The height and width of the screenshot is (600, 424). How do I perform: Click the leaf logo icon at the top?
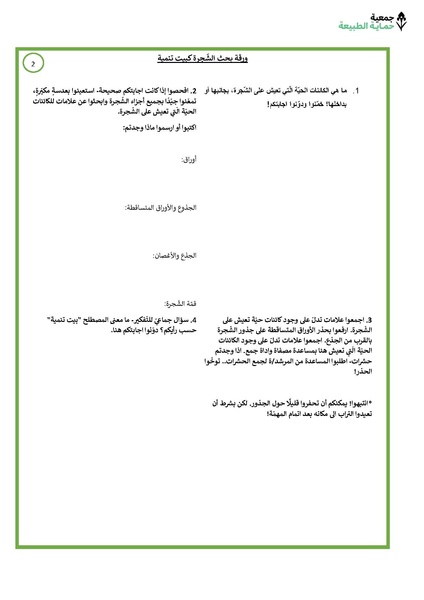pyautogui.click(x=402, y=22)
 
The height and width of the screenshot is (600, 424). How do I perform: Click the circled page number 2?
pyautogui.click(x=33, y=63)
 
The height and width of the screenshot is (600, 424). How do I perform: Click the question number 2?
pyautogui.click(x=193, y=90)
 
